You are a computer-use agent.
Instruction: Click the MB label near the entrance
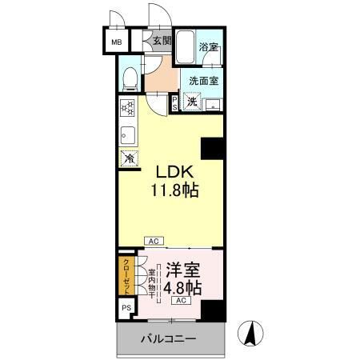(x=117, y=42)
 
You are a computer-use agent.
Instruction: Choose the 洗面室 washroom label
(x=206, y=80)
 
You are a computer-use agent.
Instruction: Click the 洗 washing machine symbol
(x=193, y=101)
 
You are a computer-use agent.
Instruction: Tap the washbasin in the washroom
(x=213, y=104)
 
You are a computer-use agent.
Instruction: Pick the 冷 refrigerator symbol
(x=129, y=158)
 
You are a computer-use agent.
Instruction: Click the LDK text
(x=173, y=173)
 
